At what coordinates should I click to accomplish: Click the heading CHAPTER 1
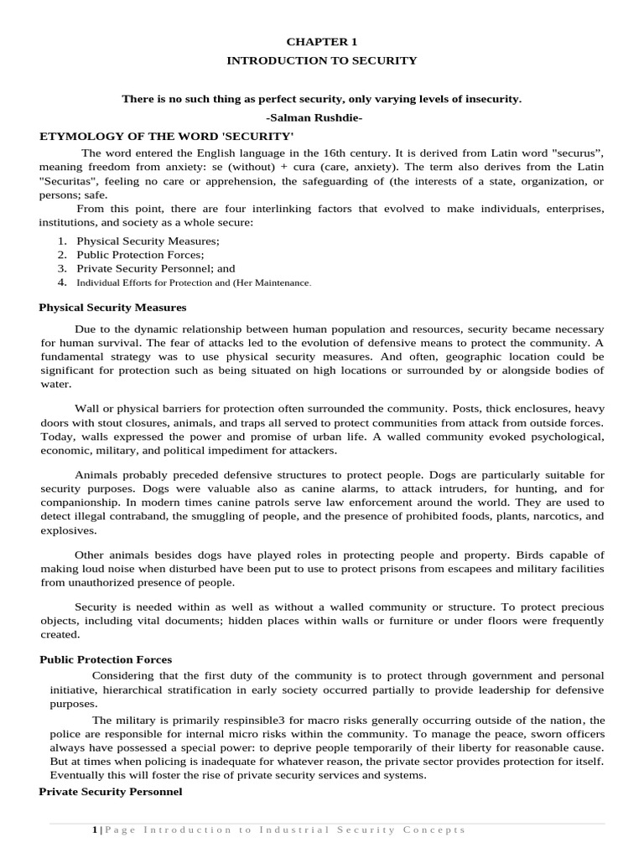pyautogui.click(x=322, y=40)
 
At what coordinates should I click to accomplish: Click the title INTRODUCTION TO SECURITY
pyautogui.click(x=322, y=60)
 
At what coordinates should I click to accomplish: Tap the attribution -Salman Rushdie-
pyautogui.click(x=322, y=118)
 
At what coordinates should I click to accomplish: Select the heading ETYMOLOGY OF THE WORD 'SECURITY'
pyautogui.click(x=166, y=136)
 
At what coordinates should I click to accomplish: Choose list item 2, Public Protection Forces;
pyautogui.click(x=140, y=255)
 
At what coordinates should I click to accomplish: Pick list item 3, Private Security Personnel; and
pyautogui.click(x=156, y=269)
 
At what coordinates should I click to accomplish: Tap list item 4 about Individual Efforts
pyautogui.click(x=194, y=283)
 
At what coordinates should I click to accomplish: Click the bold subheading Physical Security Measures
pyautogui.click(x=112, y=308)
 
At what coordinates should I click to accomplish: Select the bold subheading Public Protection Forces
pyautogui.click(x=106, y=660)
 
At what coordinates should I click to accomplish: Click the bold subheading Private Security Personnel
pyautogui.click(x=111, y=792)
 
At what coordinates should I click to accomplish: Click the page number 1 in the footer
pyautogui.click(x=94, y=830)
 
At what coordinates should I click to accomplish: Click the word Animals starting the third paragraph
pyautogui.click(x=97, y=476)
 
